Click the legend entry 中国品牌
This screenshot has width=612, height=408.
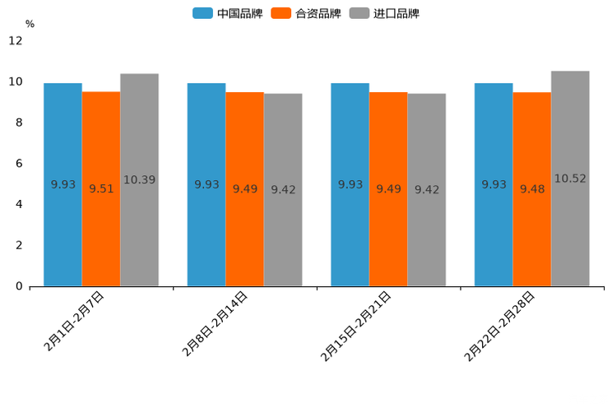(x=228, y=13)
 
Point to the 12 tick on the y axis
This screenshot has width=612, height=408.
(x=16, y=40)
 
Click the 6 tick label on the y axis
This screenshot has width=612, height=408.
(x=19, y=164)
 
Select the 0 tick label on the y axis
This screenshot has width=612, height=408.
(x=19, y=286)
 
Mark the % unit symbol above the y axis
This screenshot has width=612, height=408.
(x=30, y=24)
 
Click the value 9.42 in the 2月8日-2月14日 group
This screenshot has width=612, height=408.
(x=283, y=190)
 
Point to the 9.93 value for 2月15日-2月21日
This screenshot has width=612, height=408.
(x=350, y=184)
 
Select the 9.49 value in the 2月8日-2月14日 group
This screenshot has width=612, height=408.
(x=245, y=189)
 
